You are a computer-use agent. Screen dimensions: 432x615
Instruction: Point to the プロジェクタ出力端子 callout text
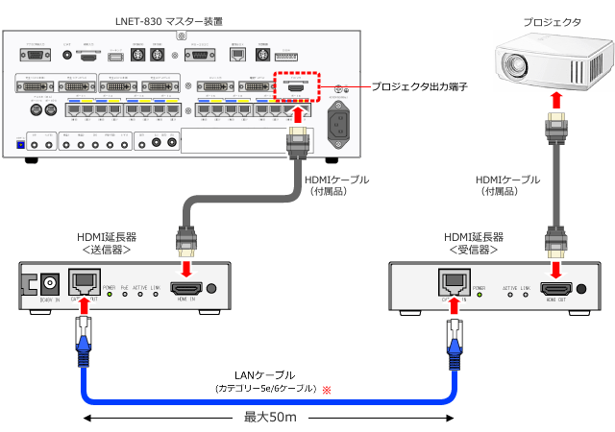coord(419,86)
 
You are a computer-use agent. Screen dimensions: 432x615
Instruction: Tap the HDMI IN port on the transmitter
coord(184,288)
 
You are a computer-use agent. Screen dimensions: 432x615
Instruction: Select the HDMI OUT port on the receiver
coord(555,288)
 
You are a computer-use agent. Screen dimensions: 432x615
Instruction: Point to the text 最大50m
coord(268,418)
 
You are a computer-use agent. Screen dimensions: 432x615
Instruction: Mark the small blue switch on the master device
coord(20,144)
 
